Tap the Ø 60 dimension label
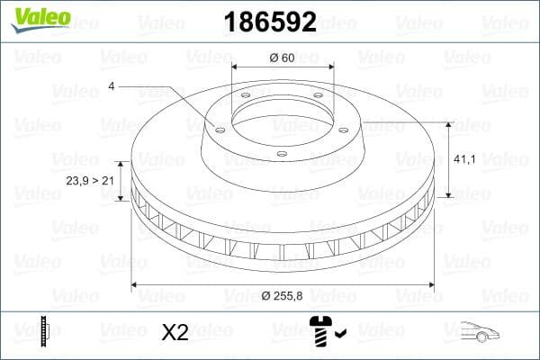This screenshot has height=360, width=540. tap(283, 58)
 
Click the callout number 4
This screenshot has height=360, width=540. tap(112, 86)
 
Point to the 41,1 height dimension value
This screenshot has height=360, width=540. tap(464, 159)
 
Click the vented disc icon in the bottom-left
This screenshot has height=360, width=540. tap(44, 332)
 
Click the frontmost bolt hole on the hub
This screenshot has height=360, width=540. tap(281, 154)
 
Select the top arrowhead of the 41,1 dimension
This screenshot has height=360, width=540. tap(447, 123)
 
